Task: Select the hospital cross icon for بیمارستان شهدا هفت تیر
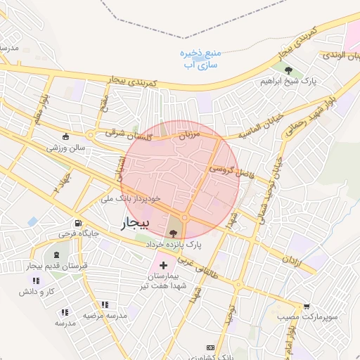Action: (x=164, y=266)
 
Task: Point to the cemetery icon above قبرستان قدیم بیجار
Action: (x=56, y=254)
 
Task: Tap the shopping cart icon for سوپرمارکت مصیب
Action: (x=307, y=306)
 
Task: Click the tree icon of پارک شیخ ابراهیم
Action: (x=289, y=70)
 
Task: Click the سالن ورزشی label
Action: (x=66, y=148)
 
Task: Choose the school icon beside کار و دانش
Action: (x=37, y=281)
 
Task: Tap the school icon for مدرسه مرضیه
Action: (x=105, y=304)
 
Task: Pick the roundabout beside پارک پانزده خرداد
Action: (x=185, y=218)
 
